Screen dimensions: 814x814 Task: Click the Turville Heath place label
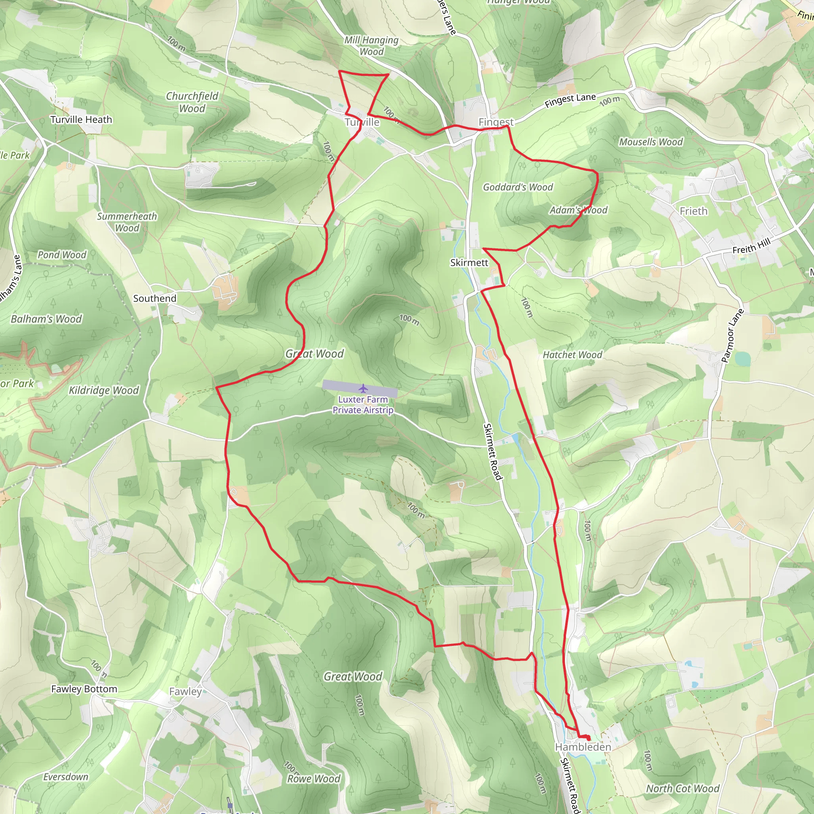point(81,120)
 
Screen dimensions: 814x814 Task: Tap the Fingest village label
point(496,122)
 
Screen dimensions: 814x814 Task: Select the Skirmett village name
point(469,262)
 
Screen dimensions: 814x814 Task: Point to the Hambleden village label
point(583,747)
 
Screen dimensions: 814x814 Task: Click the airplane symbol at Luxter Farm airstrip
point(363,388)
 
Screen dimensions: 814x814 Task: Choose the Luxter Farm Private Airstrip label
point(363,405)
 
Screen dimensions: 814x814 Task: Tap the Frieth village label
point(694,211)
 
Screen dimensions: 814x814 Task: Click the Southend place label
point(155,298)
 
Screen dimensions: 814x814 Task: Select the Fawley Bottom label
point(84,689)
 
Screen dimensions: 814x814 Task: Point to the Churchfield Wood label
point(192,102)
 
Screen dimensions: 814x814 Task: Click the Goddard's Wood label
point(518,187)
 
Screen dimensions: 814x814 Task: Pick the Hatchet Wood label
point(572,355)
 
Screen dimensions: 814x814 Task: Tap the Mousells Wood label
point(651,142)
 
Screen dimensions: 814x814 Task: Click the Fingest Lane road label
point(570,100)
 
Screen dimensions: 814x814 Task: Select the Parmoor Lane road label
point(732,336)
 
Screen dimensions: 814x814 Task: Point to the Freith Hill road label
point(751,246)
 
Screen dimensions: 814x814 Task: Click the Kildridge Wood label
point(104,390)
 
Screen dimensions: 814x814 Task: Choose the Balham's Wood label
point(47,319)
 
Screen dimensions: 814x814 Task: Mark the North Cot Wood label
point(682,788)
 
